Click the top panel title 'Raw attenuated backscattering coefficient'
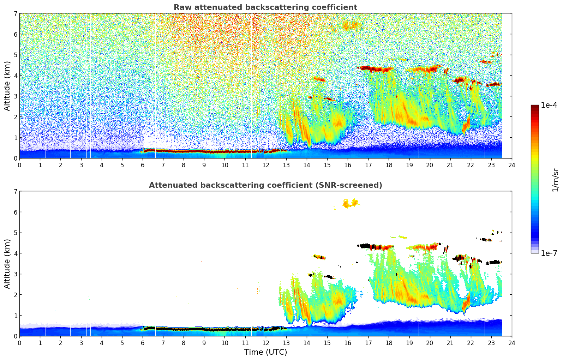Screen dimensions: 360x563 click(265, 7)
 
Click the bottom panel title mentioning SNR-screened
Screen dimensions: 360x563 click(265, 185)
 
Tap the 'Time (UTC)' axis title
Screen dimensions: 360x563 click(265, 352)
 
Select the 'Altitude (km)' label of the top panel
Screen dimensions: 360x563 click(7, 86)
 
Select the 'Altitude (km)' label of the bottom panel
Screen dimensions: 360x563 click(7, 264)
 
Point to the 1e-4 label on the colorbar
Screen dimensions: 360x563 click(549, 105)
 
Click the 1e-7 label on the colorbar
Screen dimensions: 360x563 click(549, 253)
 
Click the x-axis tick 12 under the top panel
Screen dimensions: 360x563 click(265, 165)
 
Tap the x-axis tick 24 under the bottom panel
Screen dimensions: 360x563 click(511, 343)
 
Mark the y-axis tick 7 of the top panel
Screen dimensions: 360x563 click(16, 14)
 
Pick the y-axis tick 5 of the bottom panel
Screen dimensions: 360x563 click(16, 233)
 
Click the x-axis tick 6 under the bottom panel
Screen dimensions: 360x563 click(143, 343)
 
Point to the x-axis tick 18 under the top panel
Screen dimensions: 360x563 click(389, 165)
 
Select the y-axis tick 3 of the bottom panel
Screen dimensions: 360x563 click(16, 274)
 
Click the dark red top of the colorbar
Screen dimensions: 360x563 click(535, 107)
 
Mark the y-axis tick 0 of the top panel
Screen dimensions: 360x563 click(16, 158)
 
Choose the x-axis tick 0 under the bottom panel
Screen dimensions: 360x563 click(19, 343)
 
